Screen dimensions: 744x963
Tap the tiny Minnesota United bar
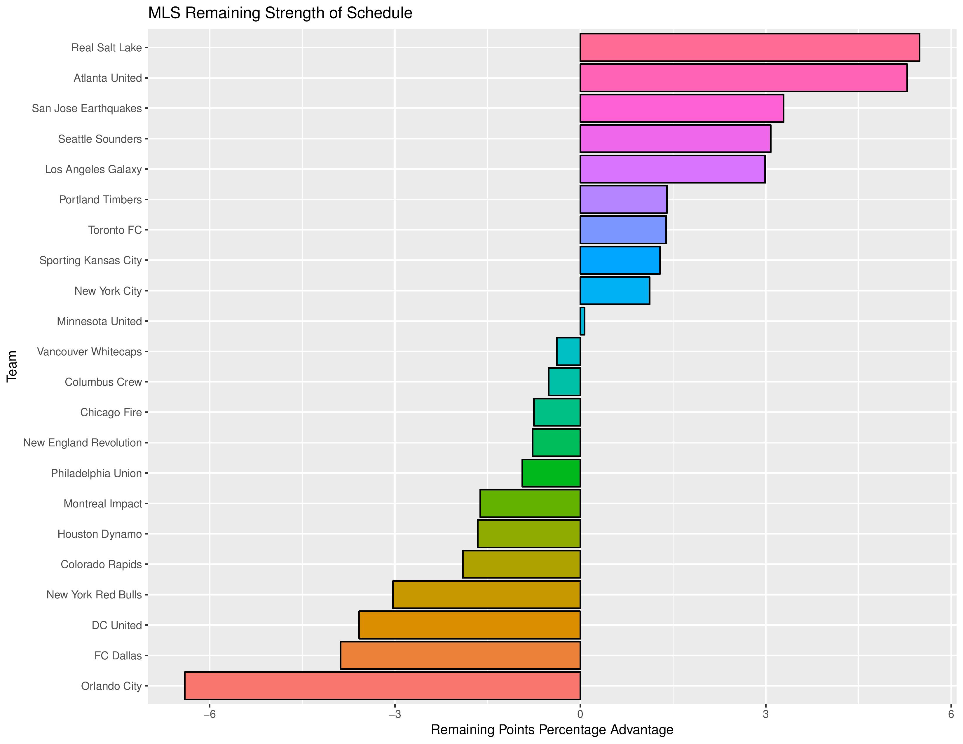pyautogui.click(x=582, y=321)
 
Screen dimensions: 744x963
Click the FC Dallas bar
pyautogui.click(x=460, y=655)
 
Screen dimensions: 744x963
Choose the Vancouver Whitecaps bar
pyautogui.click(x=568, y=351)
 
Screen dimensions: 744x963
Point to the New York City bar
pyautogui.click(x=614, y=291)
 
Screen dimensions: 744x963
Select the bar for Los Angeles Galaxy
pyautogui.click(x=672, y=169)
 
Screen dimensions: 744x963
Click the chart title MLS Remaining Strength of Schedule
pyautogui.click(x=280, y=13)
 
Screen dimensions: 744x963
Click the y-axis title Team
pyautogui.click(x=12, y=366)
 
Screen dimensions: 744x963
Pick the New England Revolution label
pyautogui.click(x=83, y=443)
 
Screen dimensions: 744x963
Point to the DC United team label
pyautogui.click(x=117, y=625)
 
